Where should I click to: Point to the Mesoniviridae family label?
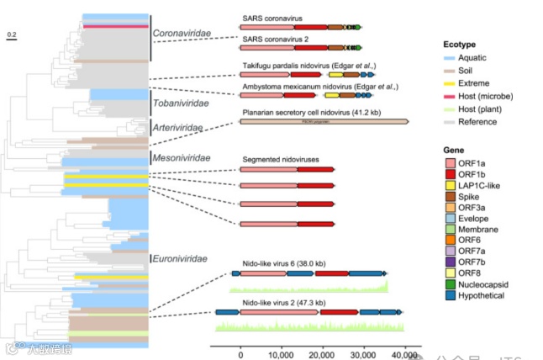(179, 157)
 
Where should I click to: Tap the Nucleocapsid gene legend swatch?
(451, 283)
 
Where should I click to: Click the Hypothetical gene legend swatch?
(451, 296)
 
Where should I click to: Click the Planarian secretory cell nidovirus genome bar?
(324, 121)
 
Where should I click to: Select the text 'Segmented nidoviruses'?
(281, 159)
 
